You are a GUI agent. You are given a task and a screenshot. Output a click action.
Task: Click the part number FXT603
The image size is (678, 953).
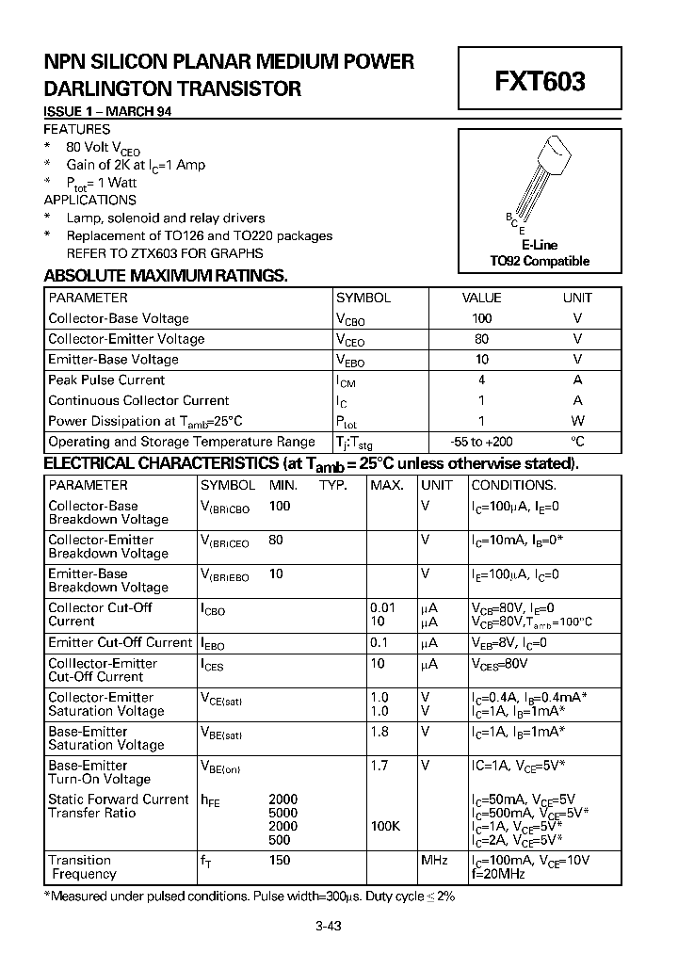point(540,82)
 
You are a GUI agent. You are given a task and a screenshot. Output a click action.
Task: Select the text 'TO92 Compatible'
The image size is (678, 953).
point(540,261)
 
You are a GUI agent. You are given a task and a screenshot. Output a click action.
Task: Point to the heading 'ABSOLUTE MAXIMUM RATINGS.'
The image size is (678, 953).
point(166,276)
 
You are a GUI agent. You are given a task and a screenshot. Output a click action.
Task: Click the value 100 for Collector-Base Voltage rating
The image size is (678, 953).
point(482,318)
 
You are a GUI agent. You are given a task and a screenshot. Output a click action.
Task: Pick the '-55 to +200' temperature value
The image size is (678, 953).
point(482,442)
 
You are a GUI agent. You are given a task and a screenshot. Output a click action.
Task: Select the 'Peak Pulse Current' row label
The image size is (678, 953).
point(106,380)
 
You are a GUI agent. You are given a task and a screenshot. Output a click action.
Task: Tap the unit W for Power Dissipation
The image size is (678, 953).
point(577,421)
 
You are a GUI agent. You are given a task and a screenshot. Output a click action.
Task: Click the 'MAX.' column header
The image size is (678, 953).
point(387,486)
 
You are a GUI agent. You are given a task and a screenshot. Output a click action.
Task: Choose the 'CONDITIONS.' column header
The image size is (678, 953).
point(513,486)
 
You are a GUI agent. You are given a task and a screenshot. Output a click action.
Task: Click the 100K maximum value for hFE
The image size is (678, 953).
point(385,826)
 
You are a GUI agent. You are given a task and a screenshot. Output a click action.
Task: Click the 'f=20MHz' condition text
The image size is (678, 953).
point(497,874)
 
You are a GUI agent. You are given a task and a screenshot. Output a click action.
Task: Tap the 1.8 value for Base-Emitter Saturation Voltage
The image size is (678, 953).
point(379,732)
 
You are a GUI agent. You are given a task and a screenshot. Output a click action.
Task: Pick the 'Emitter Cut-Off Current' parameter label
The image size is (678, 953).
point(120,642)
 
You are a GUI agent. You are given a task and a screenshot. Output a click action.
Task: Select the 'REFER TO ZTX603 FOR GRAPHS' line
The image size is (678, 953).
point(165,253)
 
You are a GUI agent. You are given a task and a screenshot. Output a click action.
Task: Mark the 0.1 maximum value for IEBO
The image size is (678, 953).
point(379,642)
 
